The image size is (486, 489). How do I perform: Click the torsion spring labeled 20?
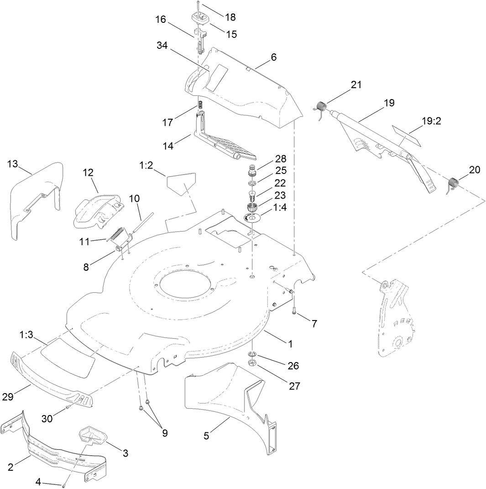coord(452,184)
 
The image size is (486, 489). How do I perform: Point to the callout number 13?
coord(14,164)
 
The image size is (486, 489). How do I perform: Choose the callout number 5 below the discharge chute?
coord(206,436)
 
